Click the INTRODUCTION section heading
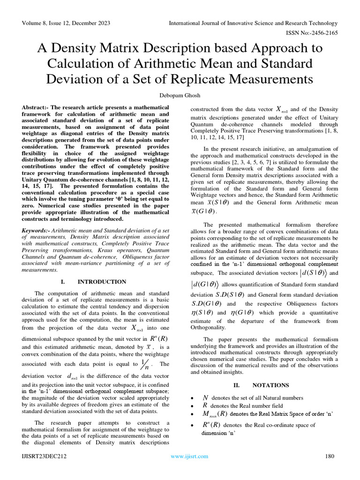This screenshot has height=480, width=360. pos(102,282)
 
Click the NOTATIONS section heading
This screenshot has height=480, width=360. pos(270,385)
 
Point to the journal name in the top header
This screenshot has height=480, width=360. pos(253,23)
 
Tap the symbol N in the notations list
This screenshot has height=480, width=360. pos(205,397)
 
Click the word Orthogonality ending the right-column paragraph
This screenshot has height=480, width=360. pos(208,327)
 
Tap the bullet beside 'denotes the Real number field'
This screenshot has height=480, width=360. pos(193,406)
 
